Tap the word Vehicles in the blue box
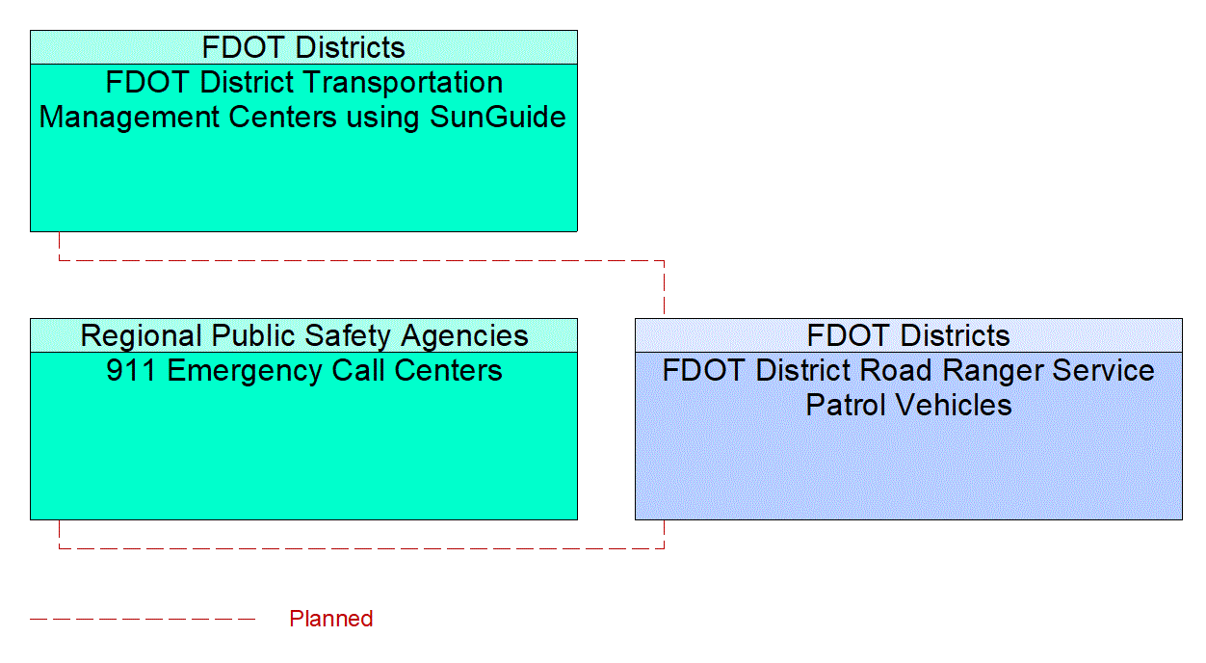[x=958, y=405]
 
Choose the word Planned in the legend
[x=330, y=619]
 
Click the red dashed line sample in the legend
[x=143, y=619]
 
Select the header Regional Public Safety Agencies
[x=303, y=335]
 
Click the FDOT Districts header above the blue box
[x=908, y=335]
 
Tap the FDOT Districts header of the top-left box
[x=303, y=47]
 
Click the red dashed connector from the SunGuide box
[x=361, y=260]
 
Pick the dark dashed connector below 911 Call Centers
[x=361, y=548]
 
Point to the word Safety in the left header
[x=348, y=335]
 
